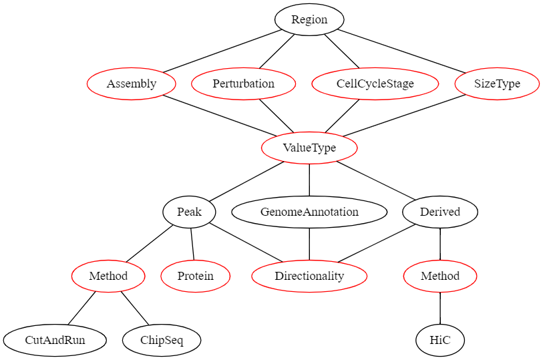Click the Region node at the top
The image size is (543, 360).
(x=309, y=19)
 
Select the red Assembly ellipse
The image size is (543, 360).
(x=132, y=83)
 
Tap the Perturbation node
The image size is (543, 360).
(x=243, y=83)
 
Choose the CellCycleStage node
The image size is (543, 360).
(x=375, y=83)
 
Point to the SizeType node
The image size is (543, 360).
(x=497, y=83)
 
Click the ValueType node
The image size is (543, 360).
(x=309, y=148)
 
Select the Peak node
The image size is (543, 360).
(x=190, y=212)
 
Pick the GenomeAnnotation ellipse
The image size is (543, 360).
(x=309, y=212)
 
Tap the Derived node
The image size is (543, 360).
(x=440, y=212)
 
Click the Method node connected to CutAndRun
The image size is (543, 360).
(x=108, y=276)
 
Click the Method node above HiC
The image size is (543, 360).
(x=440, y=276)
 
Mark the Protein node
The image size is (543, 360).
(x=196, y=276)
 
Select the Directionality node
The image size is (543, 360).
(x=309, y=276)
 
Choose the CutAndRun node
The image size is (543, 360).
(x=55, y=340)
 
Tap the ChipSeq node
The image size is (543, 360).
(x=162, y=340)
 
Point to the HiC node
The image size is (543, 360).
(x=440, y=340)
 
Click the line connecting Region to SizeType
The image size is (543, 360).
(x=401, y=50)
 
